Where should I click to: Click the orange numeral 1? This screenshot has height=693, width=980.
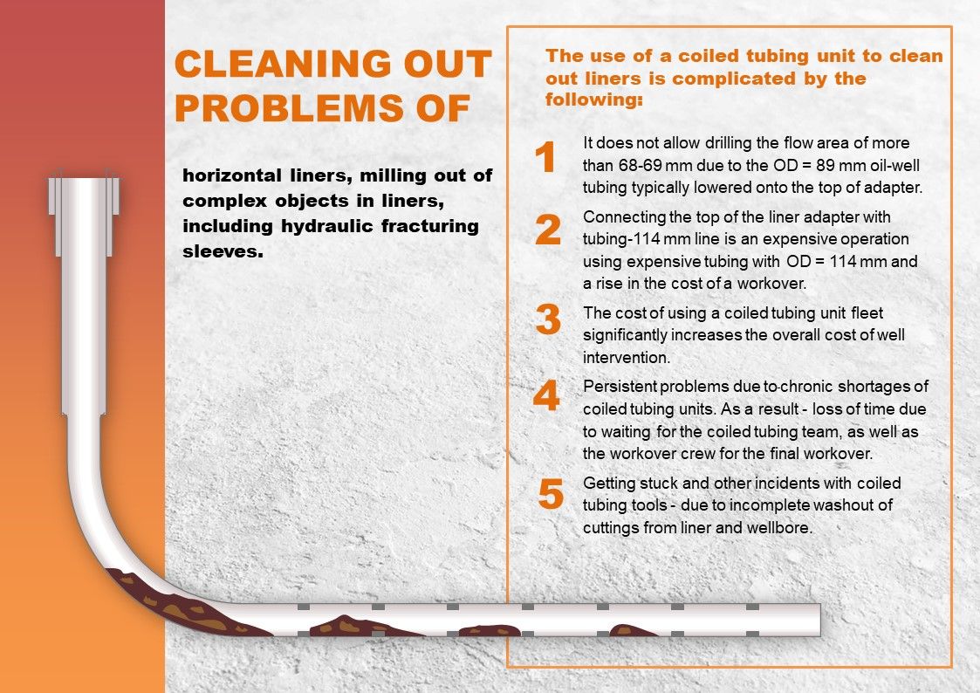(x=545, y=156)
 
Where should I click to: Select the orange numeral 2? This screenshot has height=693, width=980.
(x=548, y=230)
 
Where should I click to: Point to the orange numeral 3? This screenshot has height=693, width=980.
(x=548, y=319)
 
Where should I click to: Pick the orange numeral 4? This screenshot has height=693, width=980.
(x=546, y=395)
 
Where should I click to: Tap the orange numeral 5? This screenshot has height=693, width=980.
(x=551, y=494)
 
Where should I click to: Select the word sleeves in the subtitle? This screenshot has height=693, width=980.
(x=221, y=252)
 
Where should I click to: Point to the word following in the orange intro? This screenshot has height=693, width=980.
(x=591, y=100)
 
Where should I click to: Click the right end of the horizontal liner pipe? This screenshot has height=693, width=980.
(x=819, y=620)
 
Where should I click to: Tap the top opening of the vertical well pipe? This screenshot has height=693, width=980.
(x=84, y=179)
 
